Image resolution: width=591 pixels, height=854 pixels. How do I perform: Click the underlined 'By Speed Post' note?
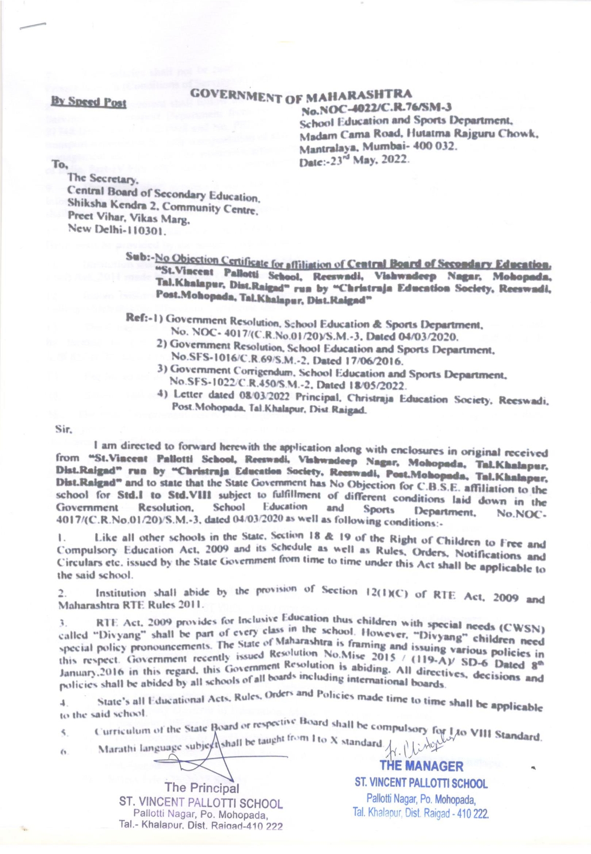point(89,102)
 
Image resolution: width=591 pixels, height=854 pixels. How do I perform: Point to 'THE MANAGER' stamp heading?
point(421,766)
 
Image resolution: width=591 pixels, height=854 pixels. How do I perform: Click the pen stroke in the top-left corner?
point(33,25)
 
